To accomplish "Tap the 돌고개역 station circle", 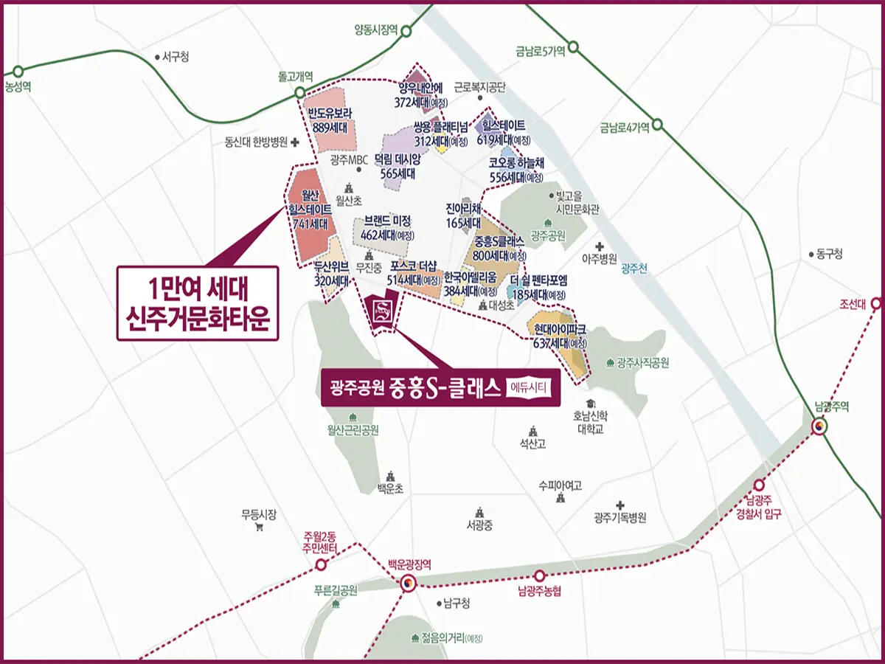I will tap(299, 93).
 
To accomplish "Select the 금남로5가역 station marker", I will tap(573, 48).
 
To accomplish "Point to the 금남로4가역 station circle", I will tap(657, 125).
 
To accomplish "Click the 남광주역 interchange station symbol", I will tap(820, 426).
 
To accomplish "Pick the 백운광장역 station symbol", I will tap(409, 583).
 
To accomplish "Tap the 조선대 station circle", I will tap(876, 302).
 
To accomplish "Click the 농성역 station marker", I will tap(18, 72).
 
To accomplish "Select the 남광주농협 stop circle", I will tap(540, 575).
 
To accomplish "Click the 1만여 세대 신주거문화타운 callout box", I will tap(198, 302).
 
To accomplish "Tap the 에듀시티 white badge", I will tap(530, 388).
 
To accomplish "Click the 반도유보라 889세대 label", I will tap(330, 120).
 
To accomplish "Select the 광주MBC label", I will tap(349, 160).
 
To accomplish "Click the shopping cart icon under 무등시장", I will tap(259, 528).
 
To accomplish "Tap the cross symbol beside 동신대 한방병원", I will tap(294, 142).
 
